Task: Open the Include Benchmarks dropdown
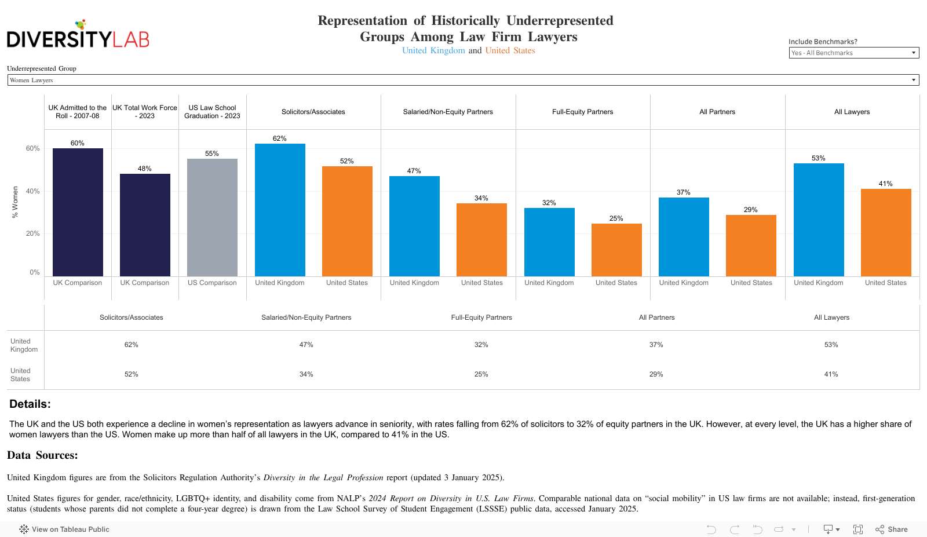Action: coord(853,53)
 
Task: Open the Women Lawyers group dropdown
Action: coord(463,80)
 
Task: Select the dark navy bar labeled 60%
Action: coord(78,212)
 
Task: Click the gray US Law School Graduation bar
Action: coord(212,217)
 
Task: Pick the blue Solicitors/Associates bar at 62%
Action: coord(280,210)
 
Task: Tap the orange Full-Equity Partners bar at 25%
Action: coord(616,250)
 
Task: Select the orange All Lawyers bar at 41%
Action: coord(886,232)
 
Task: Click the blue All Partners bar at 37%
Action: coord(684,237)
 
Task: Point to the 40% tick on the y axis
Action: coord(32,191)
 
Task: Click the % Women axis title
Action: coord(15,202)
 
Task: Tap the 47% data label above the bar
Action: coord(414,171)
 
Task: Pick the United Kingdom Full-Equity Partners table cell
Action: coord(481,345)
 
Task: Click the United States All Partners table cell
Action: coord(656,374)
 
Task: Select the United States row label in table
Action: coord(20,375)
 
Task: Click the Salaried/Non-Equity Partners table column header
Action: coord(306,317)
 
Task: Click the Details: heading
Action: coord(30,404)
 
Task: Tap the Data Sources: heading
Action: coord(42,455)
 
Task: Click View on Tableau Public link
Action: coord(65,529)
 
